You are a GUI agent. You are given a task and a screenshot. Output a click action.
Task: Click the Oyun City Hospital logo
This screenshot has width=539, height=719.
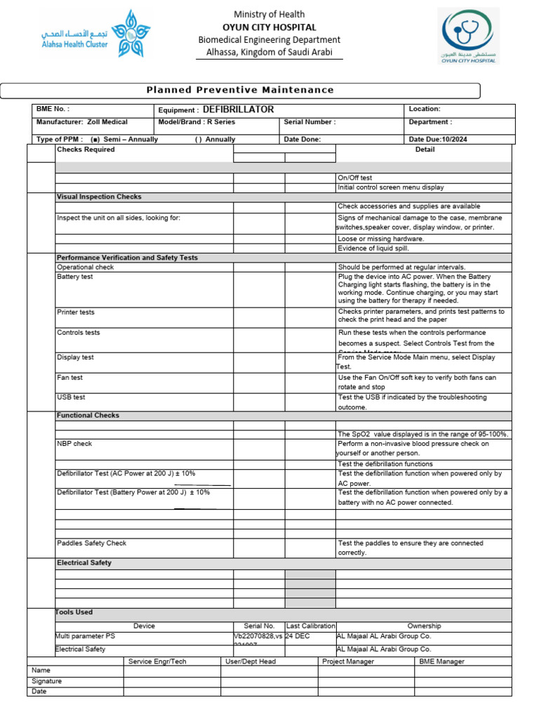pos(469,36)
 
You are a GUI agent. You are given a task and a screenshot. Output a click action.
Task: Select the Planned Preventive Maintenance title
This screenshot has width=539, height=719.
pos(240,90)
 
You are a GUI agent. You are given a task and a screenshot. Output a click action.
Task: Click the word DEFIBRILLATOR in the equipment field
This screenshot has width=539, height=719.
pos(238,110)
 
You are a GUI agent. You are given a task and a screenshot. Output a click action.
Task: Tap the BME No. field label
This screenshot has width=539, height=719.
pos(53,110)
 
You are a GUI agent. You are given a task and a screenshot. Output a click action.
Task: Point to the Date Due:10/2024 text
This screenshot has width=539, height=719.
pos(438,139)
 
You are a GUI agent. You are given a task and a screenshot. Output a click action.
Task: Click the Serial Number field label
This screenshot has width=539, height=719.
pos(310,122)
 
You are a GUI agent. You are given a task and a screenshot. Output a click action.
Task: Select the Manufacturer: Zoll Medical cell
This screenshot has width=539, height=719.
pos(81,122)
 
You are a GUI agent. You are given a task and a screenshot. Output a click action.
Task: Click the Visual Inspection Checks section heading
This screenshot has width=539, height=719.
pos(99,197)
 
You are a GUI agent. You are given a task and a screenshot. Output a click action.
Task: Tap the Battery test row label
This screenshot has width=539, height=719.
pos(74,277)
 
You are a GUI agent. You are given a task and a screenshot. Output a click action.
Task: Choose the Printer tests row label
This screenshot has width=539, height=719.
pos(75,312)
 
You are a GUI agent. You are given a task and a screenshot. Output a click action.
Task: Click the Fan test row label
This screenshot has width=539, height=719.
pos(69,378)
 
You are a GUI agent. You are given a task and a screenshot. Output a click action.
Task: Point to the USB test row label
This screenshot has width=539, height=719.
pos(71,397)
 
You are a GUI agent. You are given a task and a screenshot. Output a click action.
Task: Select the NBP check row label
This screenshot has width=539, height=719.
pos(74,444)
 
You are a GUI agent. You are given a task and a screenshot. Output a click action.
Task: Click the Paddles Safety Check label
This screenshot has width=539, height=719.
pos(91,543)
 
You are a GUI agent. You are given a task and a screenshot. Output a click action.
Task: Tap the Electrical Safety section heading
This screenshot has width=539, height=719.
pos(84,563)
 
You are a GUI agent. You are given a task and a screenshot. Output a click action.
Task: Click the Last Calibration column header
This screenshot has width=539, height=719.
pos(310,626)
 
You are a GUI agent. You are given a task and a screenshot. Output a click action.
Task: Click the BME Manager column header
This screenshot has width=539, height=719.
pos(441,661)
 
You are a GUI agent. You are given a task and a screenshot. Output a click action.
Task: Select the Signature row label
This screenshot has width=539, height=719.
pos(47,681)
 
